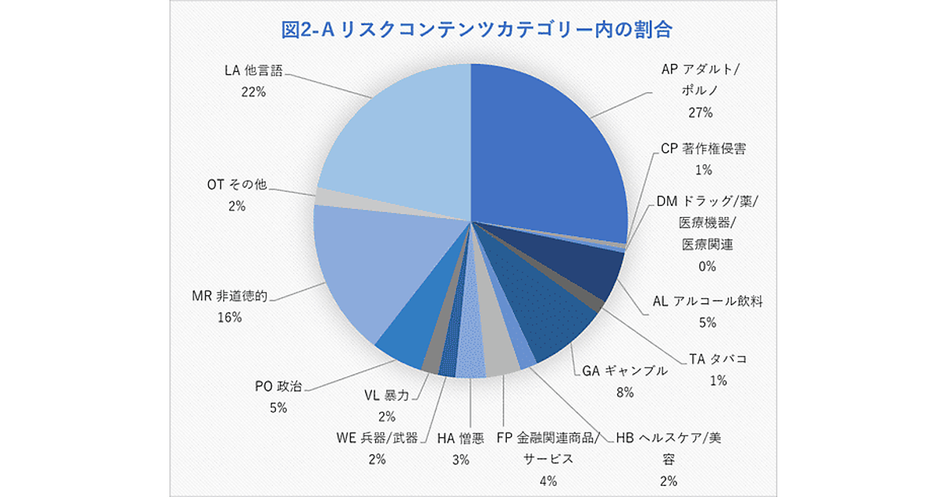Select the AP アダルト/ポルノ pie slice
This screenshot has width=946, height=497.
click(544, 150)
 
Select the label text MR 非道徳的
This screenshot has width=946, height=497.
click(232, 297)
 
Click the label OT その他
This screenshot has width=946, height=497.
click(236, 185)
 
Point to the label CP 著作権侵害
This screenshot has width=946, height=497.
click(703, 148)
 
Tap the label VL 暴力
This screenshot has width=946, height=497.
click(387, 394)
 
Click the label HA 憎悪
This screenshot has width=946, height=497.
click(460, 437)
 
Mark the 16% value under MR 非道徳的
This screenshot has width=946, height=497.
click(231, 317)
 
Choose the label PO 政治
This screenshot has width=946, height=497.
click(277, 387)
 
